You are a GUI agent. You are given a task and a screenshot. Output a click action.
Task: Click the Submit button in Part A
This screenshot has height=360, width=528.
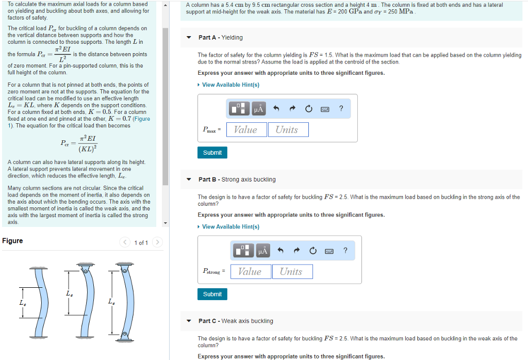coord(212,153)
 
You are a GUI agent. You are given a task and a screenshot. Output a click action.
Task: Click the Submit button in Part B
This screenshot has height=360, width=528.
coord(212,294)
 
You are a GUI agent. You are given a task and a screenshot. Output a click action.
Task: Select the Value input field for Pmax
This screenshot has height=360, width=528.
coord(245,129)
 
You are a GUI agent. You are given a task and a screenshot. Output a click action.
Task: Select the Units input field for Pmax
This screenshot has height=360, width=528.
coord(288,129)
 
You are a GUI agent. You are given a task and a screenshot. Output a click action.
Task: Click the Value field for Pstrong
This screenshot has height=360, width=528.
coord(250,271)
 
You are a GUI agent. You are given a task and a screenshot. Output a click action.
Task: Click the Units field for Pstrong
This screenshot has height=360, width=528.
coord(292,271)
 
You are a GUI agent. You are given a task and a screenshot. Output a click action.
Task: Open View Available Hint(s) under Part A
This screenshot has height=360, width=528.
coord(230,85)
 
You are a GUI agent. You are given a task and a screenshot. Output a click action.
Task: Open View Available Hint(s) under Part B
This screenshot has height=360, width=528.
coord(230,226)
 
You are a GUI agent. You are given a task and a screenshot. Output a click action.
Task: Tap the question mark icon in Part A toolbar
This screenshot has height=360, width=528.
coord(341,108)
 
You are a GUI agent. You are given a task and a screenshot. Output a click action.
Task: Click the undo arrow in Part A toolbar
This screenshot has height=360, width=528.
coord(276,109)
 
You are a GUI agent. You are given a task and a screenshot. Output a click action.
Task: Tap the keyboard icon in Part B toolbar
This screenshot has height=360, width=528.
coord(329,251)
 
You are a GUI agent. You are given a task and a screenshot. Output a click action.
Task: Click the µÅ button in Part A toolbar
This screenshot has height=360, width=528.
coord(258,109)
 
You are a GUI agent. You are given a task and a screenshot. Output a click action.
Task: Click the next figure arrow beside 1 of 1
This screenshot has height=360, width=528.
coord(157,242)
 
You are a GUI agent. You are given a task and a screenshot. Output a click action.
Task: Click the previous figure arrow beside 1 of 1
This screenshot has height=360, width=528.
coord(124,242)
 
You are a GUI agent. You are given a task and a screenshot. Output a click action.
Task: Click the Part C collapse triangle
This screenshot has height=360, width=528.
coord(189,321)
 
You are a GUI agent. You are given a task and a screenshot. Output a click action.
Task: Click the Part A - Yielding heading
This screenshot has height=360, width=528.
coord(220,38)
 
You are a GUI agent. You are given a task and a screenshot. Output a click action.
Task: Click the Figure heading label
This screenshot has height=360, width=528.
coord(12,241)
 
